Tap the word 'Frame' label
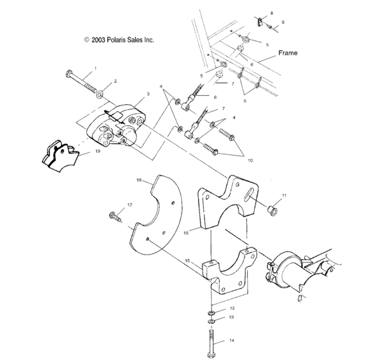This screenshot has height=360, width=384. [288, 53]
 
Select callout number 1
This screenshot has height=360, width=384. [95, 68]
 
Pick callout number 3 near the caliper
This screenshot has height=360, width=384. [148, 94]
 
